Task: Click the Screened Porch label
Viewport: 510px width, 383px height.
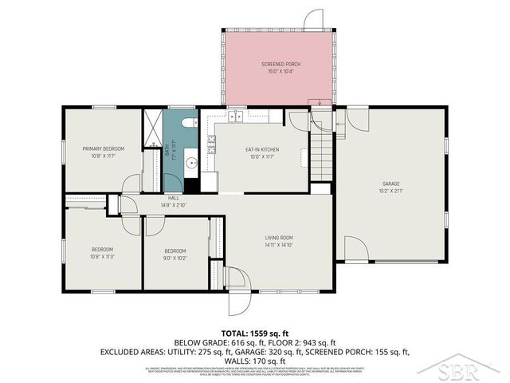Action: click(x=280, y=64)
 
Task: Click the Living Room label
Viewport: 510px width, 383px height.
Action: click(x=280, y=237)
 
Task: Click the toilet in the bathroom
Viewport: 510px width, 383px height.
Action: click(x=188, y=123)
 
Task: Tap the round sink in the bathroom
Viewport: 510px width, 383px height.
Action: click(x=190, y=163)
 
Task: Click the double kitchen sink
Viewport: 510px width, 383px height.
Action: click(x=237, y=118)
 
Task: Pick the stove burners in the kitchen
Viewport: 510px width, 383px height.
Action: click(x=212, y=144)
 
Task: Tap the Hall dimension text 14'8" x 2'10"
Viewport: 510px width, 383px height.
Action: click(x=172, y=205)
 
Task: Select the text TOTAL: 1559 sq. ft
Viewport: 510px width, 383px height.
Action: click(x=254, y=333)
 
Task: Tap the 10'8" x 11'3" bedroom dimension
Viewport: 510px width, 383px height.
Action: click(x=101, y=258)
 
